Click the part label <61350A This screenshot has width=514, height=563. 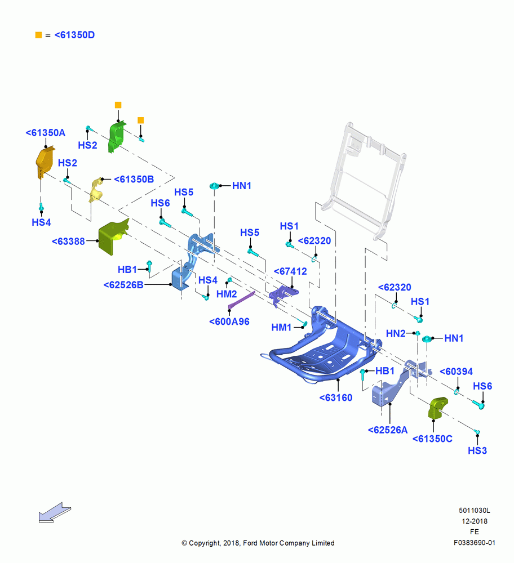(x=45, y=133)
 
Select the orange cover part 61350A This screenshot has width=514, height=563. (x=45, y=162)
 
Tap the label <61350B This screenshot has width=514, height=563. (x=134, y=179)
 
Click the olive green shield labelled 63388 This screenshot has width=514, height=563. (x=112, y=236)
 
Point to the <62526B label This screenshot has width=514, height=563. (x=123, y=285)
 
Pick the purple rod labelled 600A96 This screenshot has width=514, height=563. (x=242, y=300)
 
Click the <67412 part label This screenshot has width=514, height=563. (x=290, y=271)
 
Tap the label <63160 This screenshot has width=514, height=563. (x=336, y=398)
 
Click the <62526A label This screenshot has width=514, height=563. (x=388, y=430)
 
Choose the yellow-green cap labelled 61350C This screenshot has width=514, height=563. (x=438, y=408)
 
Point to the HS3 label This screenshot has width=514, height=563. (x=477, y=450)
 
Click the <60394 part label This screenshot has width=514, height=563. (x=456, y=372)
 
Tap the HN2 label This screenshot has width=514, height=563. (x=396, y=333)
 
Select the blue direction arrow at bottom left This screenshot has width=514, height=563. (x=55, y=512)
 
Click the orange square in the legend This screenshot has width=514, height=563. (x=38, y=35)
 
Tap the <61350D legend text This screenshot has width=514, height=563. (x=74, y=35)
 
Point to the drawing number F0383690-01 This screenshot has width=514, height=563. (x=474, y=543)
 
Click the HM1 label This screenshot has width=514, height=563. (x=281, y=328)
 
